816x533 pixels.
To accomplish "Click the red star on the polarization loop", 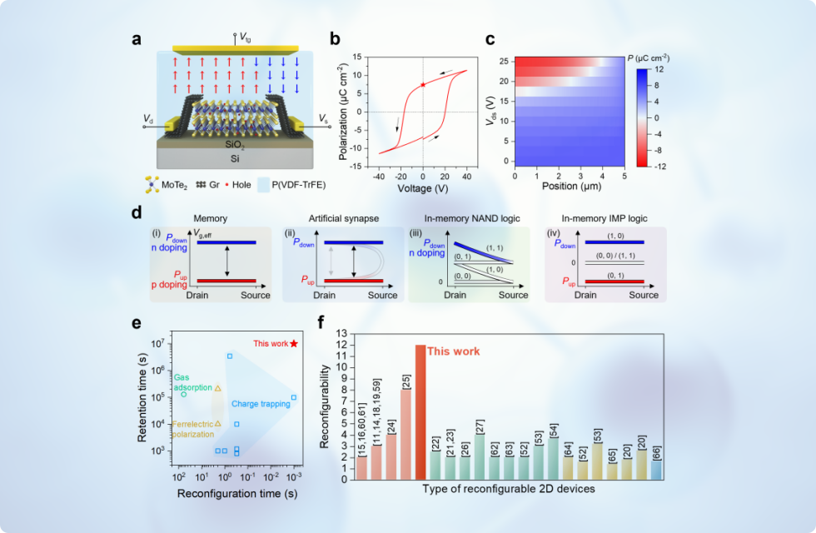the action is coord(423,84).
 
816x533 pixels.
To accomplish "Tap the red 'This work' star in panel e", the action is coord(294,343).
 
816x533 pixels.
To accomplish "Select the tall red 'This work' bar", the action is coord(420,412).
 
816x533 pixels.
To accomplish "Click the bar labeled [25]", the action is coord(406,435).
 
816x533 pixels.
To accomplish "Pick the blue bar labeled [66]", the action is coord(657,470).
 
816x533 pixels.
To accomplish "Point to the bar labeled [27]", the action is coord(480,457).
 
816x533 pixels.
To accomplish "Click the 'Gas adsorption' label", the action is coord(192,382).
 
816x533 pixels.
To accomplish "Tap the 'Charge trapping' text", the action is coord(261,404).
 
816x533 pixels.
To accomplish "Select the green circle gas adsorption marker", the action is coord(184,394).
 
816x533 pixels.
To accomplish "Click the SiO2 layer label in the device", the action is coord(235,145).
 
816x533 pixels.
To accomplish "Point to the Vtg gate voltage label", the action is coord(245,37).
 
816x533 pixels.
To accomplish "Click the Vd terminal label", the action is coord(148,120).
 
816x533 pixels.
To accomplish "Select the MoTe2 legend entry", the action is coord(166,185).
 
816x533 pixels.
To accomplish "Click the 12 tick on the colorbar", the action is coord(659,69).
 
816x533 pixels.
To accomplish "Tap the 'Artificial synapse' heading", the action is coord(343,218).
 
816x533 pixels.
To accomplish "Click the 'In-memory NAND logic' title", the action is coord(472,218).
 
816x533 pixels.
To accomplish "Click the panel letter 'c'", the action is coord(490,40).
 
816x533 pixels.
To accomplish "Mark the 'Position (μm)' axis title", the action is coord(571,187).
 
